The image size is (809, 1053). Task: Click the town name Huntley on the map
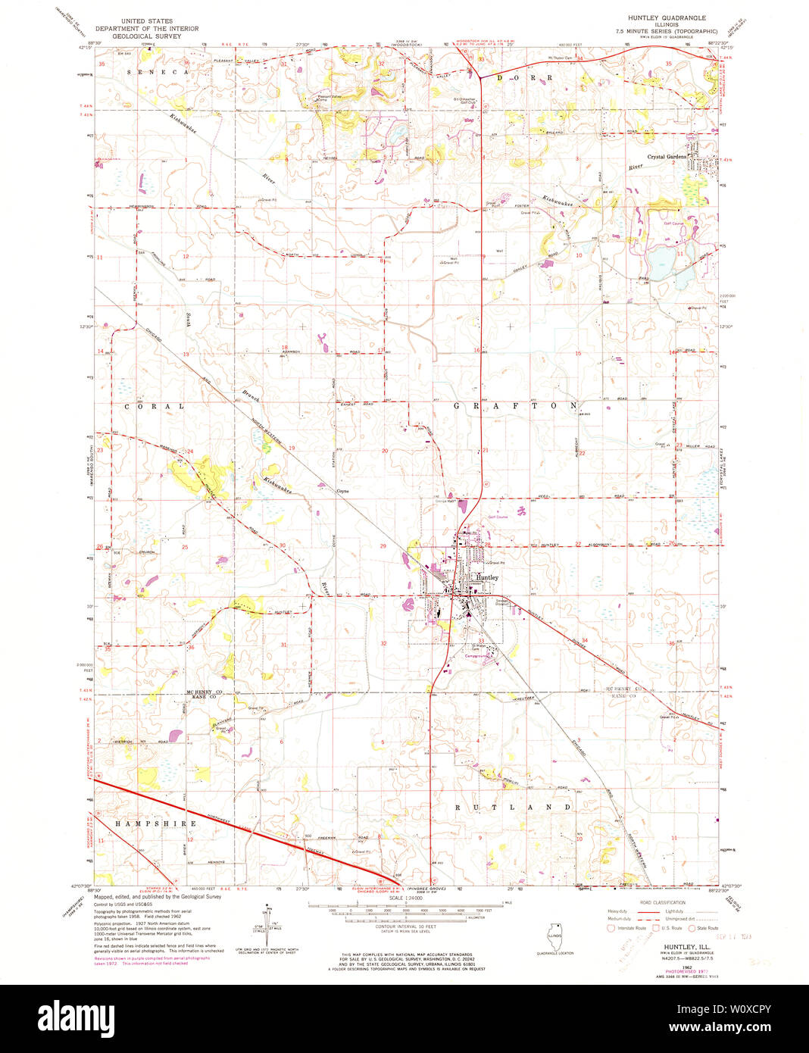point(486,577)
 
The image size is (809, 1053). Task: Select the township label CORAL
point(154,406)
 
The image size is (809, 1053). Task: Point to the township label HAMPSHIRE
point(155,823)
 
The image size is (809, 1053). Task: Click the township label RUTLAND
point(513,808)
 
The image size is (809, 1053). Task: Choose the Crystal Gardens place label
point(667,157)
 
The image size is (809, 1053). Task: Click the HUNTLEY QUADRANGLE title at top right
point(667,17)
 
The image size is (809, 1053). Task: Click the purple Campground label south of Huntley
point(476,656)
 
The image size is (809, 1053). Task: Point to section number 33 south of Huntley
point(480,641)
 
